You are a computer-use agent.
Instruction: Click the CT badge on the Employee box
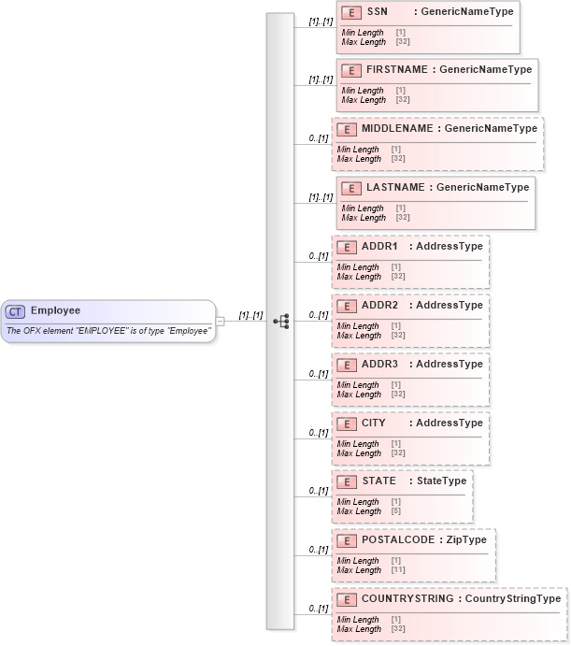click(x=16, y=311)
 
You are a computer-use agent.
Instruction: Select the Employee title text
click(x=55, y=310)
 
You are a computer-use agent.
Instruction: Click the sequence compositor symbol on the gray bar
click(x=279, y=321)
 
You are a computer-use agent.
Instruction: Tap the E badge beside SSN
click(x=351, y=12)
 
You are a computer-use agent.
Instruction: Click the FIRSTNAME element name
click(x=396, y=70)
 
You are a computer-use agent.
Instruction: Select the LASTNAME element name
click(x=395, y=187)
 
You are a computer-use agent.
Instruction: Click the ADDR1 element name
click(x=380, y=246)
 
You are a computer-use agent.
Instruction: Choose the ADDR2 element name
click(x=380, y=305)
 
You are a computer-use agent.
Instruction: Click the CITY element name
click(x=374, y=423)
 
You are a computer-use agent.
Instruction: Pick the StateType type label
click(x=441, y=481)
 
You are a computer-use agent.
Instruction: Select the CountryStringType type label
click(x=513, y=599)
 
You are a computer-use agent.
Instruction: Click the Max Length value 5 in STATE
click(x=397, y=511)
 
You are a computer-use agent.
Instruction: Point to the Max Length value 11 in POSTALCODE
click(x=399, y=570)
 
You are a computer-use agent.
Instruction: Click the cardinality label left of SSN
click(x=320, y=21)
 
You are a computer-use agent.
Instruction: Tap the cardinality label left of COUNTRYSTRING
click(x=318, y=609)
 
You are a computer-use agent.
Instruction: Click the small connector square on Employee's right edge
click(x=221, y=322)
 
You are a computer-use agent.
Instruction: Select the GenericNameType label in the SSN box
click(x=466, y=12)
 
